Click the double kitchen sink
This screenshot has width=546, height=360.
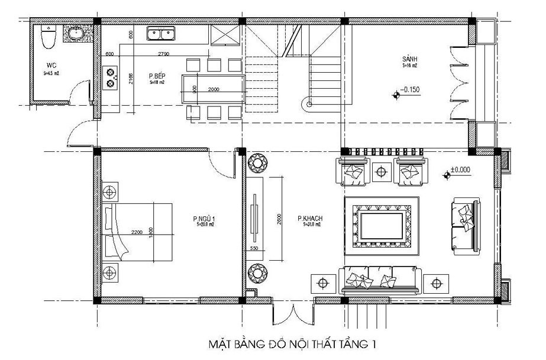(x=160, y=35)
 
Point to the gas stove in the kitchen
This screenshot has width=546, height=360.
(x=110, y=77)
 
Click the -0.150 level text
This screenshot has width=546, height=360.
(x=410, y=90)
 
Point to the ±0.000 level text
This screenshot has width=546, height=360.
(x=460, y=170)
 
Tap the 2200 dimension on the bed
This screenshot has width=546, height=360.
(x=138, y=231)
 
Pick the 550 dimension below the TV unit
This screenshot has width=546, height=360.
(x=254, y=249)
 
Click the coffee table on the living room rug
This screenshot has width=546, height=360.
(x=382, y=225)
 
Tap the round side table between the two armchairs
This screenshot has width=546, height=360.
(x=382, y=171)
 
